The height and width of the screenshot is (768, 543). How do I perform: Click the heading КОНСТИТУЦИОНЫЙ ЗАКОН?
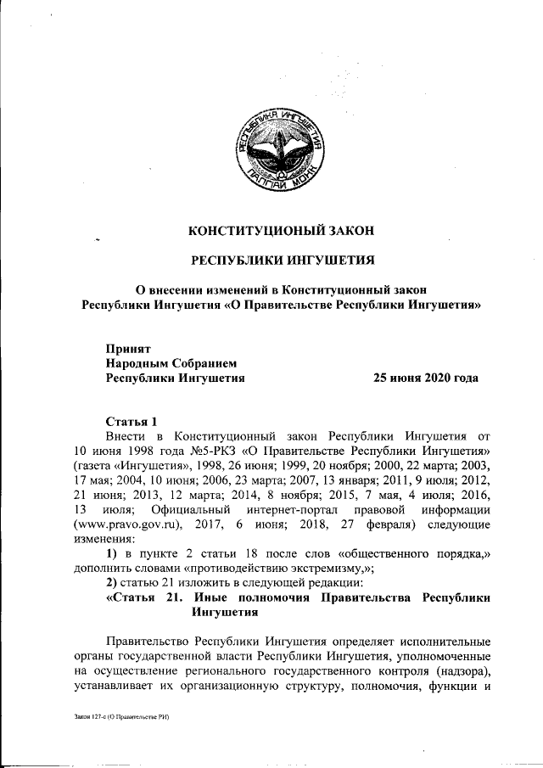pos(281,229)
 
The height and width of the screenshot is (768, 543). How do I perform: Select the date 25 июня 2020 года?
pos(426,378)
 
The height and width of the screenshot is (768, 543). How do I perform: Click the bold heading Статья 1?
pos(132,421)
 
